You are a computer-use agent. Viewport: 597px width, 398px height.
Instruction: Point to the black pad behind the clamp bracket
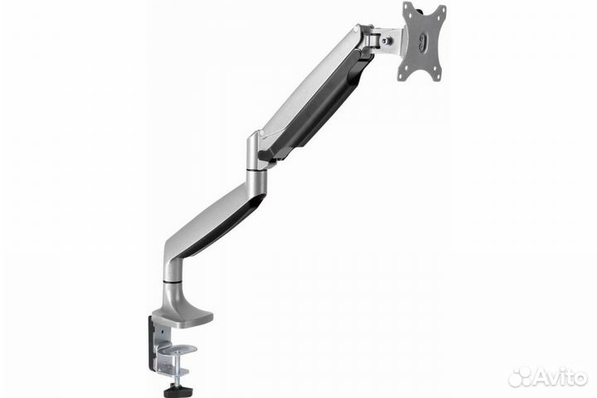tap(153, 341)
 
